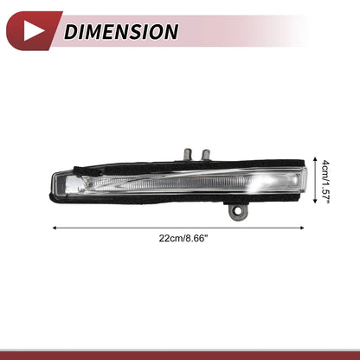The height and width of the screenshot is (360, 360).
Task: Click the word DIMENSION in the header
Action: click(x=121, y=31)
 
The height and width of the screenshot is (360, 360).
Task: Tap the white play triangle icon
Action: click(x=32, y=31)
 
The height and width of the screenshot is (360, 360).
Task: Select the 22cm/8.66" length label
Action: click(x=183, y=239)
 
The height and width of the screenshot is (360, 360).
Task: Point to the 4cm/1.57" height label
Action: click(x=325, y=181)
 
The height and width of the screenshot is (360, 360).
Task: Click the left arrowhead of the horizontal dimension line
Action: click(x=55, y=228)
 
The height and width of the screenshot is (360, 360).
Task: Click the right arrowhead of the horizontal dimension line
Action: click(x=302, y=228)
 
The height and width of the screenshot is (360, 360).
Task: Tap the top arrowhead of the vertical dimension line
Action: click(x=315, y=159)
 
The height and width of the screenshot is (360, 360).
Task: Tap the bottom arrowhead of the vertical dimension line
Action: click(x=315, y=201)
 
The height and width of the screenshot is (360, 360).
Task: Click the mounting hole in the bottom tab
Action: click(x=238, y=211)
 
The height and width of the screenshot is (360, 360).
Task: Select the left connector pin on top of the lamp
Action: click(x=188, y=154)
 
